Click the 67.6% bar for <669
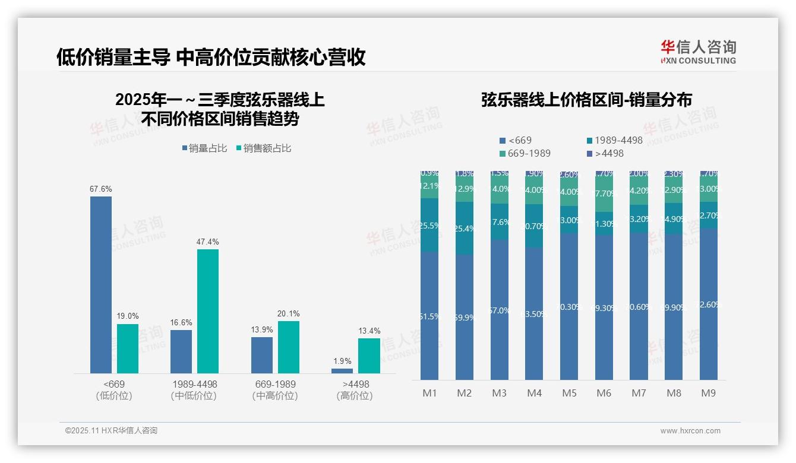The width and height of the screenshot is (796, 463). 101,285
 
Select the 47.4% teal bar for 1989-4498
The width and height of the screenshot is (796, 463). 208,311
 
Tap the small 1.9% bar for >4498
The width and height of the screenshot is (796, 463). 342,370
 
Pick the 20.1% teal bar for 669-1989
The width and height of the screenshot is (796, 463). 289,347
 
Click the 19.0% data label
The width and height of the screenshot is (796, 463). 127,316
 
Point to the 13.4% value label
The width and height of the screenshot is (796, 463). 369,331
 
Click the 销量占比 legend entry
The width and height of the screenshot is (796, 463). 205,148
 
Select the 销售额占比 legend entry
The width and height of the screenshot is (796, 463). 264,148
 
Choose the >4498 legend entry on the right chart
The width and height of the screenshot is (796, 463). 605,153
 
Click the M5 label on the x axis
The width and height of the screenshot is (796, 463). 569,393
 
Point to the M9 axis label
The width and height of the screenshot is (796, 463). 709,393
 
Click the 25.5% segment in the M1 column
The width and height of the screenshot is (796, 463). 429,226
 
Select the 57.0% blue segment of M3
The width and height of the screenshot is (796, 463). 500,310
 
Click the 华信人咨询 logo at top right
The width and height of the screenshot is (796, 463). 698,52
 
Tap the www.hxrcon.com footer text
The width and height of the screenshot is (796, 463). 690,431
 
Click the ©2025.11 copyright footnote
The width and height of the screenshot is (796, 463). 111,431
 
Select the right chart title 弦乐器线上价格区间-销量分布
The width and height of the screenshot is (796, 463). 586,100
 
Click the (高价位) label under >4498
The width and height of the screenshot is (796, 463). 355,396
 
